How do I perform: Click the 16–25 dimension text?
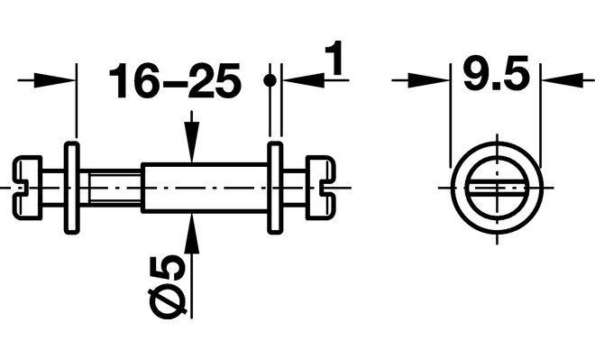pyautogui.click(x=175, y=80)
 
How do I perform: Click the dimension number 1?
pyautogui.click(x=334, y=58)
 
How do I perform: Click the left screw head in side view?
pyautogui.click(x=27, y=188)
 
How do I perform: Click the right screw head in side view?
pyautogui.click(x=321, y=188)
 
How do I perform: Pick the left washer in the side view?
pyautogui.click(x=72, y=188)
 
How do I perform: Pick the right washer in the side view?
pyautogui.click(x=276, y=188)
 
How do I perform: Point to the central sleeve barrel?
pyautogui.click(x=205, y=188)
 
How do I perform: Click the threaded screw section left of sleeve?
pyautogui.click(x=115, y=188)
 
